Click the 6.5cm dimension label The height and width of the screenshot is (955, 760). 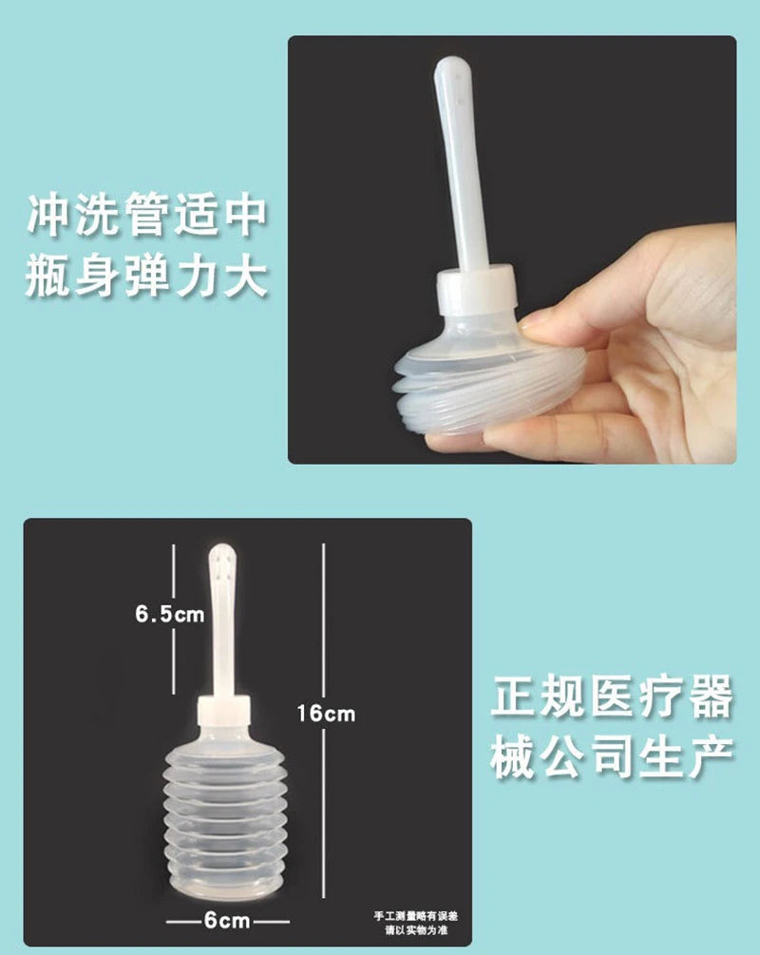click(168, 614)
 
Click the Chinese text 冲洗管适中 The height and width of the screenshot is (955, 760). click(146, 217)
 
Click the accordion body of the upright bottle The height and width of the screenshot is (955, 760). click(224, 808)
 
